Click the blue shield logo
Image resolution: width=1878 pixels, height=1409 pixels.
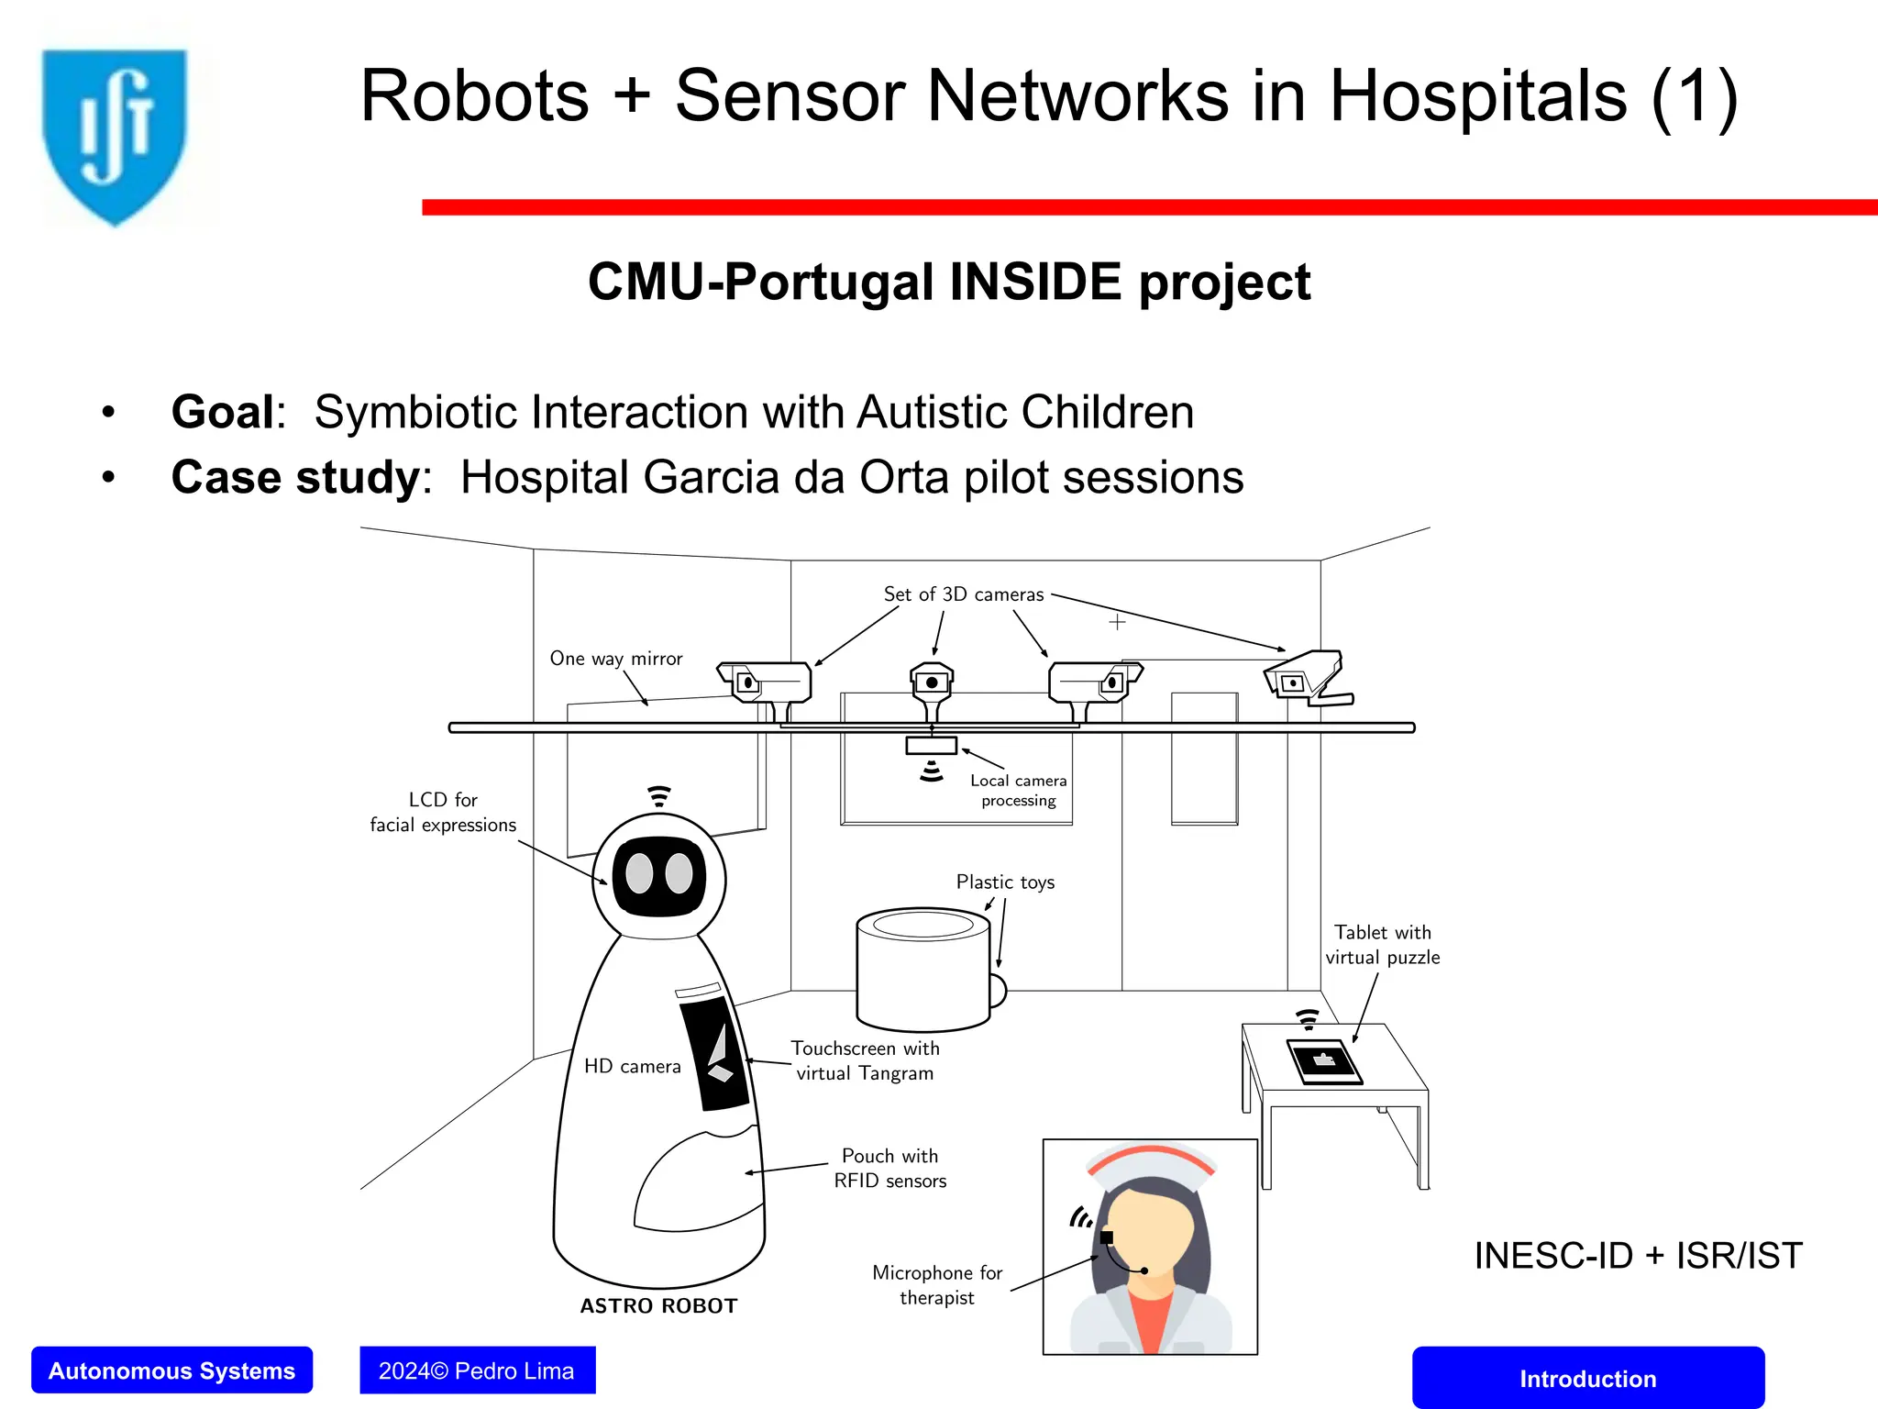pyautogui.click(x=115, y=133)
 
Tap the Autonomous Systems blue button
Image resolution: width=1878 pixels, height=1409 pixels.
pyautogui.click(x=171, y=1370)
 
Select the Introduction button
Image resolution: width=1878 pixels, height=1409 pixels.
pyautogui.click(x=1587, y=1378)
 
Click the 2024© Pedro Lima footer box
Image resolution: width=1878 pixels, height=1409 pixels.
pyautogui.click(x=477, y=1370)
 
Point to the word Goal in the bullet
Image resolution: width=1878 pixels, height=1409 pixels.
pyautogui.click(x=223, y=412)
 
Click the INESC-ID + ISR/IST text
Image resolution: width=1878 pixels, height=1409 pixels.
pyautogui.click(x=1638, y=1256)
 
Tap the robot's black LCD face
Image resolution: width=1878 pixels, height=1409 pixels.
pyautogui.click(x=658, y=875)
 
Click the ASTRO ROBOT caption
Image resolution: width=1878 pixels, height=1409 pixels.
pyautogui.click(x=658, y=1305)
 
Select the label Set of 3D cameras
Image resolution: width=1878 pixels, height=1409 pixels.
pyautogui.click(x=963, y=594)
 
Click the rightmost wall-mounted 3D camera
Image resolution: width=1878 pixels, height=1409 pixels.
pyautogui.click(x=1307, y=677)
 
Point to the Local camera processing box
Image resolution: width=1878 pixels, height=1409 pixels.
pyautogui.click(x=932, y=746)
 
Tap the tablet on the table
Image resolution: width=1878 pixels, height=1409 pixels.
pyautogui.click(x=1323, y=1062)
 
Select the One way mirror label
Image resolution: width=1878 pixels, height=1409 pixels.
pyautogui.click(x=616, y=659)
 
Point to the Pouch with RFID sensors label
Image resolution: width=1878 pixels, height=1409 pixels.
pyautogui.click(x=889, y=1168)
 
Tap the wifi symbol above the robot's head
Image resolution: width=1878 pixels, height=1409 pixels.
pyautogui.click(x=658, y=796)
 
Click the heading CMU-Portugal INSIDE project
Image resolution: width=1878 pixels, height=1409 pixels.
pyautogui.click(x=949, y=282)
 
